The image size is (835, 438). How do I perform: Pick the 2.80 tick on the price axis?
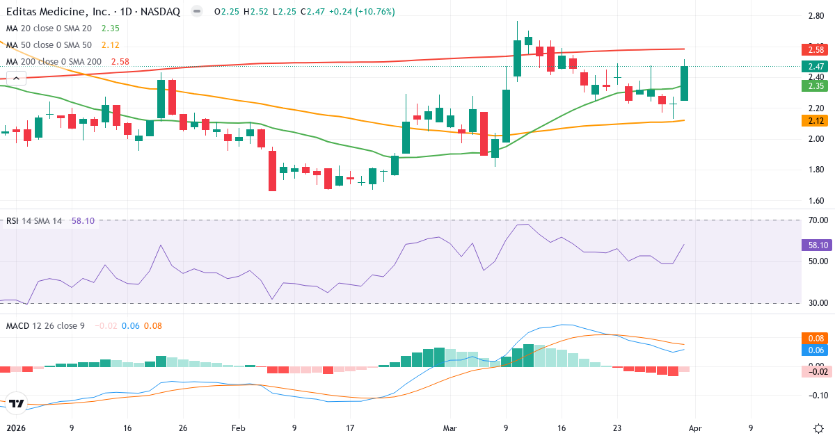tap(816, 15)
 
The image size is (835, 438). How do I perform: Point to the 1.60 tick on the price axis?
tap(816, 201)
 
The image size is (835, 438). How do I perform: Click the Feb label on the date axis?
tap(239, 429)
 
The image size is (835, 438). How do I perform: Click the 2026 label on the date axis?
tap(15, 429)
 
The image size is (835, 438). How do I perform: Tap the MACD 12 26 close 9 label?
tap(45, 325)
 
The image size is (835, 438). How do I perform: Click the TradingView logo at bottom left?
tap(17, 403)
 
